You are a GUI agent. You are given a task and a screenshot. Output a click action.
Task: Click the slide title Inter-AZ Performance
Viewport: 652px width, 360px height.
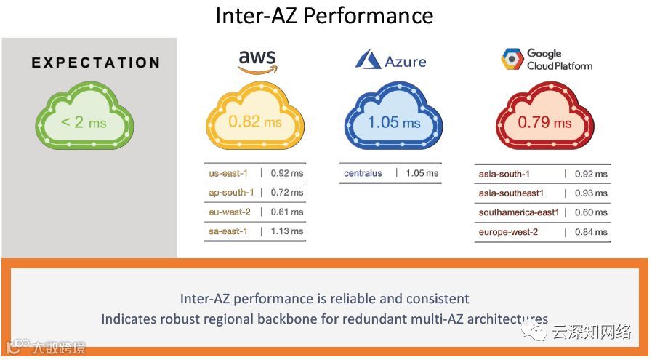[x=324, y=15]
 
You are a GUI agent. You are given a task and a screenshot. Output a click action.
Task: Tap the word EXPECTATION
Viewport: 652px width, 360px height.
[x=95, y=63]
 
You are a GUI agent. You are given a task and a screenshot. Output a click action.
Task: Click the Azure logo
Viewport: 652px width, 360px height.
[x=390, y=61]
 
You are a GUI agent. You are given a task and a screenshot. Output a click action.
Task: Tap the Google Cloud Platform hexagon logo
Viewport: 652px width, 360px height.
[x=512, y=60]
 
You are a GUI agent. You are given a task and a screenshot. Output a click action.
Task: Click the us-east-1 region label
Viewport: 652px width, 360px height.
[x=228, y=173]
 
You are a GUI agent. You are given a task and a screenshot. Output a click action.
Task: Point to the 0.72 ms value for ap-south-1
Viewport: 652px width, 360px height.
[x=286, y=193]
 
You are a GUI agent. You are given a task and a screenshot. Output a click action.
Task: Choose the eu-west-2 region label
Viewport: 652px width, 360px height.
[x=229, y=212]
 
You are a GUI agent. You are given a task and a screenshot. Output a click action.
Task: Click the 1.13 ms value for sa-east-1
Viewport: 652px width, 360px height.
[x=286, y=231]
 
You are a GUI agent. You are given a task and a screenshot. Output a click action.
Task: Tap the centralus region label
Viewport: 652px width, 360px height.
[x=363, y=173]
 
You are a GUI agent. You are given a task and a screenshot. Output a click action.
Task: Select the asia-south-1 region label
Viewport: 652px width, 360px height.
[x=504, y=174]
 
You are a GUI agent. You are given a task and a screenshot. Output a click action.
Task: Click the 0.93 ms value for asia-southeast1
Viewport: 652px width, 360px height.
[x=591, y=193]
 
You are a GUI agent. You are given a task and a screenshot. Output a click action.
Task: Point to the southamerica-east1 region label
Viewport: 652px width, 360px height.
[x=519, y=212]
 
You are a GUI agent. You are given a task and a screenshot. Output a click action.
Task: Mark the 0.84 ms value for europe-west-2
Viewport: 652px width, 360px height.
[x=591, y=232]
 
